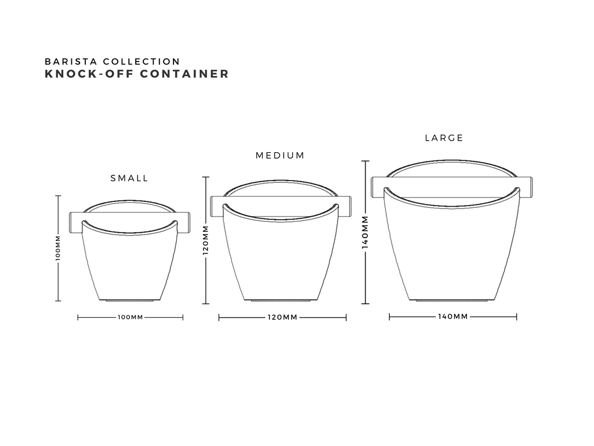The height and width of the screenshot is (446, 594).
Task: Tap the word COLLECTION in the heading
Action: click(142, 62)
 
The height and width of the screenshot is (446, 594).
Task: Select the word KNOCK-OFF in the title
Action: click(89, 74)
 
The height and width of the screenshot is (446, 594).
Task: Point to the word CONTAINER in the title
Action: click(184, 74)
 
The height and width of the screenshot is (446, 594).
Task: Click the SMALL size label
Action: click(129, 178)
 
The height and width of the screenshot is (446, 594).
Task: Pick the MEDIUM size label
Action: click(280, 156)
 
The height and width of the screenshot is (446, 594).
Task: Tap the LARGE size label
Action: click(444, 138)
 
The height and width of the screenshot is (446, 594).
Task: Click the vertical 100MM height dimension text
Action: click(58, 247)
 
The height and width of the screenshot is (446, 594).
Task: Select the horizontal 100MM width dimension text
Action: click(131, 318)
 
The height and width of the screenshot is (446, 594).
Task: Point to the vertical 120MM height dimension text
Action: click(206, 240)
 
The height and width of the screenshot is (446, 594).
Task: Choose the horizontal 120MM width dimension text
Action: click(282, 318)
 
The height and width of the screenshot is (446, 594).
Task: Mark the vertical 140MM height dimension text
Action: click(365, 232)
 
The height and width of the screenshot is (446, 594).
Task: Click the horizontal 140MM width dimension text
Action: click(453, 316)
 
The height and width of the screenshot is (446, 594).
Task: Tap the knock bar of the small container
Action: click(76, 222)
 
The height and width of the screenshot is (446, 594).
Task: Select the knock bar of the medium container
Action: click(217, 206)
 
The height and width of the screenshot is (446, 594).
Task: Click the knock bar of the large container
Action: click(378, 187)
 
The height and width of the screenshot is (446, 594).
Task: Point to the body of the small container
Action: click(129, 265)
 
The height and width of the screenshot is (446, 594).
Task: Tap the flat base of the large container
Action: click(451, 301)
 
